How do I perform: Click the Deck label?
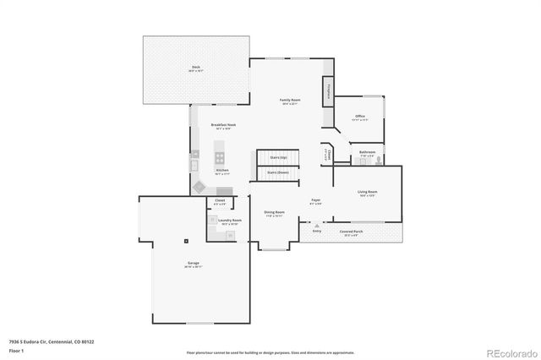click(195, 66)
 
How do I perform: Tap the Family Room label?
click(291, 101)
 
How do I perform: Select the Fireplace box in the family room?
click(326, 93)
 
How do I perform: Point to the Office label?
click(359, 117)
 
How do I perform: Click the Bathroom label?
click(368, 153)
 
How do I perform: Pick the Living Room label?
click(367, 193)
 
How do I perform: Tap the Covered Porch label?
click(352, 232)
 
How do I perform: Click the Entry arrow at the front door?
click(317, 226)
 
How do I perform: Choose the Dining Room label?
click(274, 213)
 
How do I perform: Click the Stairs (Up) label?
click(278, 157)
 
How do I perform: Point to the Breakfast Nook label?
click(223, 125)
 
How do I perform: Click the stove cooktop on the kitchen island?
click(221, 156)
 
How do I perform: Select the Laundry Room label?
click(230, 221)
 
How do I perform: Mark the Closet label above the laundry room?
click(220, 201)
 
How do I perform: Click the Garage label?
click(194, 264)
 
